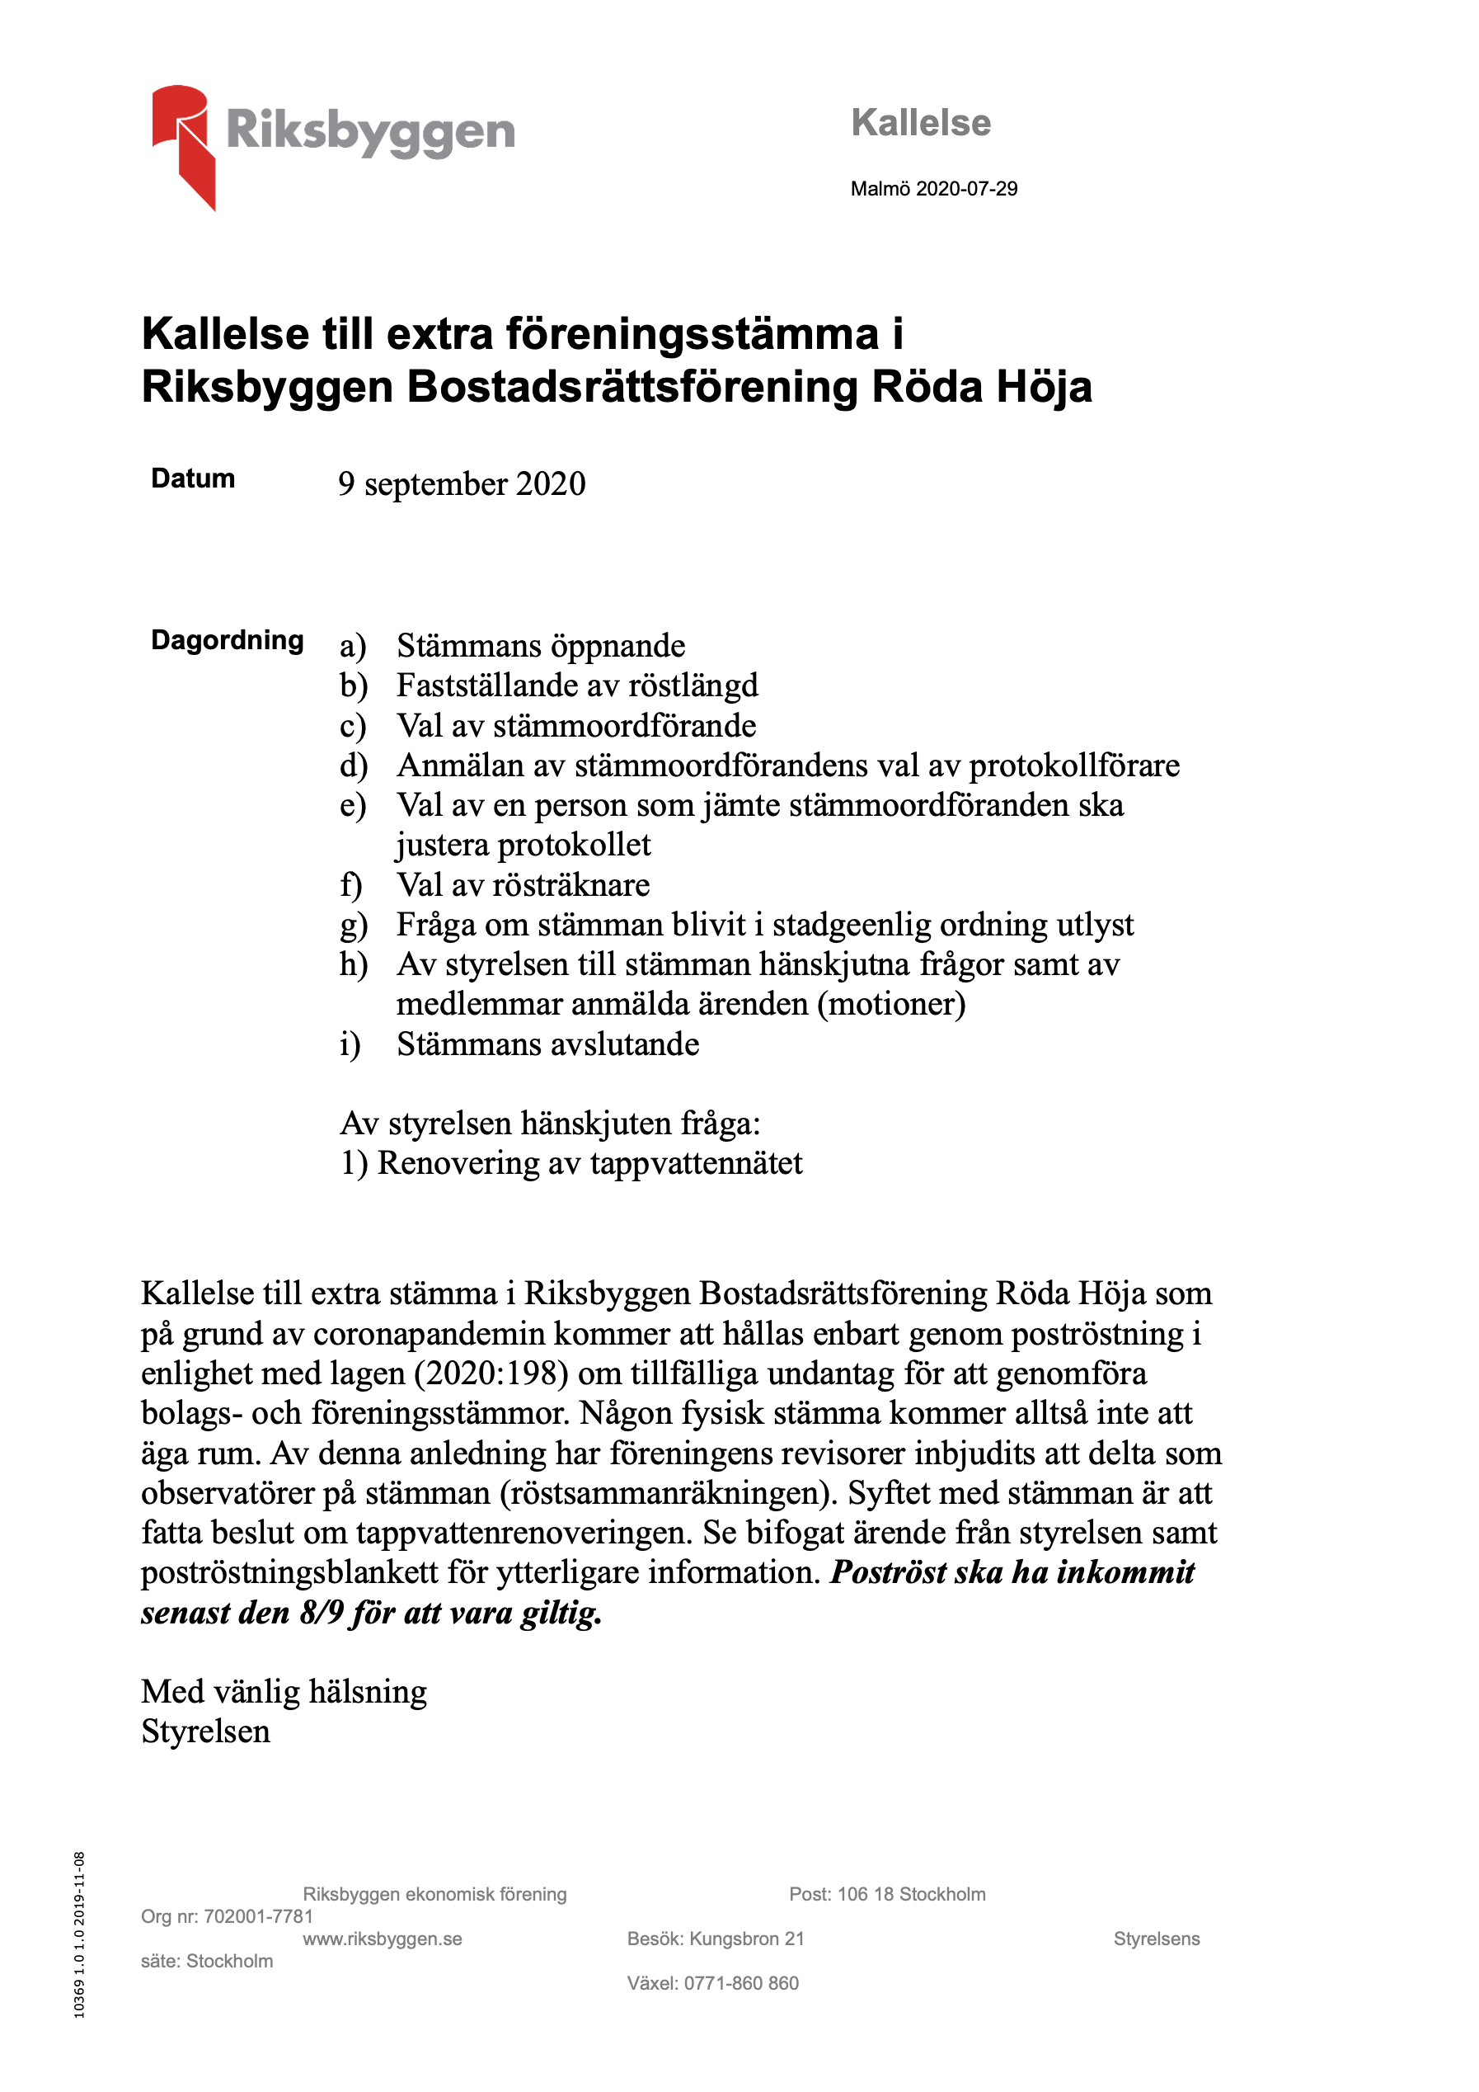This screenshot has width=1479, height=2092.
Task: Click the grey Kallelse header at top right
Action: [x=921, y=123]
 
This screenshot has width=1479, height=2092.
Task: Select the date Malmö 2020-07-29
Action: [x=933, y=189]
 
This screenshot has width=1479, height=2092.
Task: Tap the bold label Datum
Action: [x=193, y=478]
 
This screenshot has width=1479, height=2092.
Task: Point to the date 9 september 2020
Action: [x=462, y=484]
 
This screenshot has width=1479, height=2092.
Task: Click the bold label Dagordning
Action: [x=227, y=639]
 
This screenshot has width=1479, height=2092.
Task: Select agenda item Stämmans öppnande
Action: [x=541, y=646]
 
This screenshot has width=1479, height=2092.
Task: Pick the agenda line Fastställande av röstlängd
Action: [x=576, y=686]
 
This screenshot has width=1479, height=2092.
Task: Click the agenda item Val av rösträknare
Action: [x=523, y=884]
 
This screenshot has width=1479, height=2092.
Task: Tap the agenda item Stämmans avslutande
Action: [x=547, y=1044]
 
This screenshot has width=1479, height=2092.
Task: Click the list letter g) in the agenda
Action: [x=353, y=926]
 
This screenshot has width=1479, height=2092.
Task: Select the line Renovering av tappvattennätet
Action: [x=589, y=1163]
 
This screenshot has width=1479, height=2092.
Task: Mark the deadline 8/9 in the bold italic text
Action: [x=322, y=1613]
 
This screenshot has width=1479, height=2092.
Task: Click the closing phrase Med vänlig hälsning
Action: [x=284, y=1692]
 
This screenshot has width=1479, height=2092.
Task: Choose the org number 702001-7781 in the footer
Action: [x=258, y=1916]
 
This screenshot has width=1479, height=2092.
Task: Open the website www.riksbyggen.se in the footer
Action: [x=383, y=1939]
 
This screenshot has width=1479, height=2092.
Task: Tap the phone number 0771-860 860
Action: [x=741, y=1984]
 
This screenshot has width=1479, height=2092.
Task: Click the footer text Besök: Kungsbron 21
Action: [x=716, y=1939]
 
